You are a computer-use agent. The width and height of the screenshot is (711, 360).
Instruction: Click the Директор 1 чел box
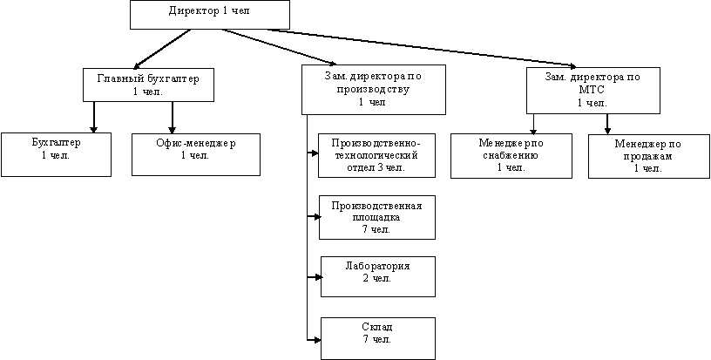210,15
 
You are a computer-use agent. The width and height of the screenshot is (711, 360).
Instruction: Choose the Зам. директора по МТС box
592,90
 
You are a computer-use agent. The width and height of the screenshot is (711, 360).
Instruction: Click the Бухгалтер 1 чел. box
56,153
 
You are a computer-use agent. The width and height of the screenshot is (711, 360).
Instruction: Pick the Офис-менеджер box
195,154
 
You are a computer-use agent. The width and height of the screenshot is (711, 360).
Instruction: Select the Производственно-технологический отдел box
376,154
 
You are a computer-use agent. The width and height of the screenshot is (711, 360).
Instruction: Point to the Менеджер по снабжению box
511,154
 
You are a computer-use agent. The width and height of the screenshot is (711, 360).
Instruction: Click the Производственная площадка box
376,217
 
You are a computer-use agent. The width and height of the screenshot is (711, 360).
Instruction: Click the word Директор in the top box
191,10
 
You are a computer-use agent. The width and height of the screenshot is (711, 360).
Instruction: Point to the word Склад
376,326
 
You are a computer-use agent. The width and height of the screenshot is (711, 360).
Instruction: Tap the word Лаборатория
376,266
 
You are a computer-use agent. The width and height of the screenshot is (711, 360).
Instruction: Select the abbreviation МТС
592,89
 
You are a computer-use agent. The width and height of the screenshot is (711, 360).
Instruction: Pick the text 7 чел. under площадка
376,229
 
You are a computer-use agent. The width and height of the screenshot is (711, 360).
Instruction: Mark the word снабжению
511,154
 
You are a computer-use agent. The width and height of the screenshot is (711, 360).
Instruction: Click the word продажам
647,155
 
